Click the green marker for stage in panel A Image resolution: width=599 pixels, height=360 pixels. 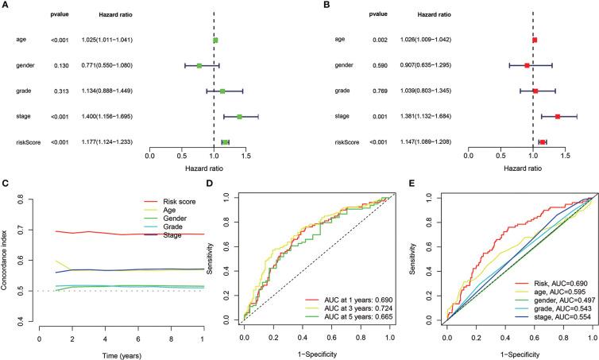tap(239, 117)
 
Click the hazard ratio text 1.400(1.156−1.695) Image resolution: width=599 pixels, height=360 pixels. tap(106, 117)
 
